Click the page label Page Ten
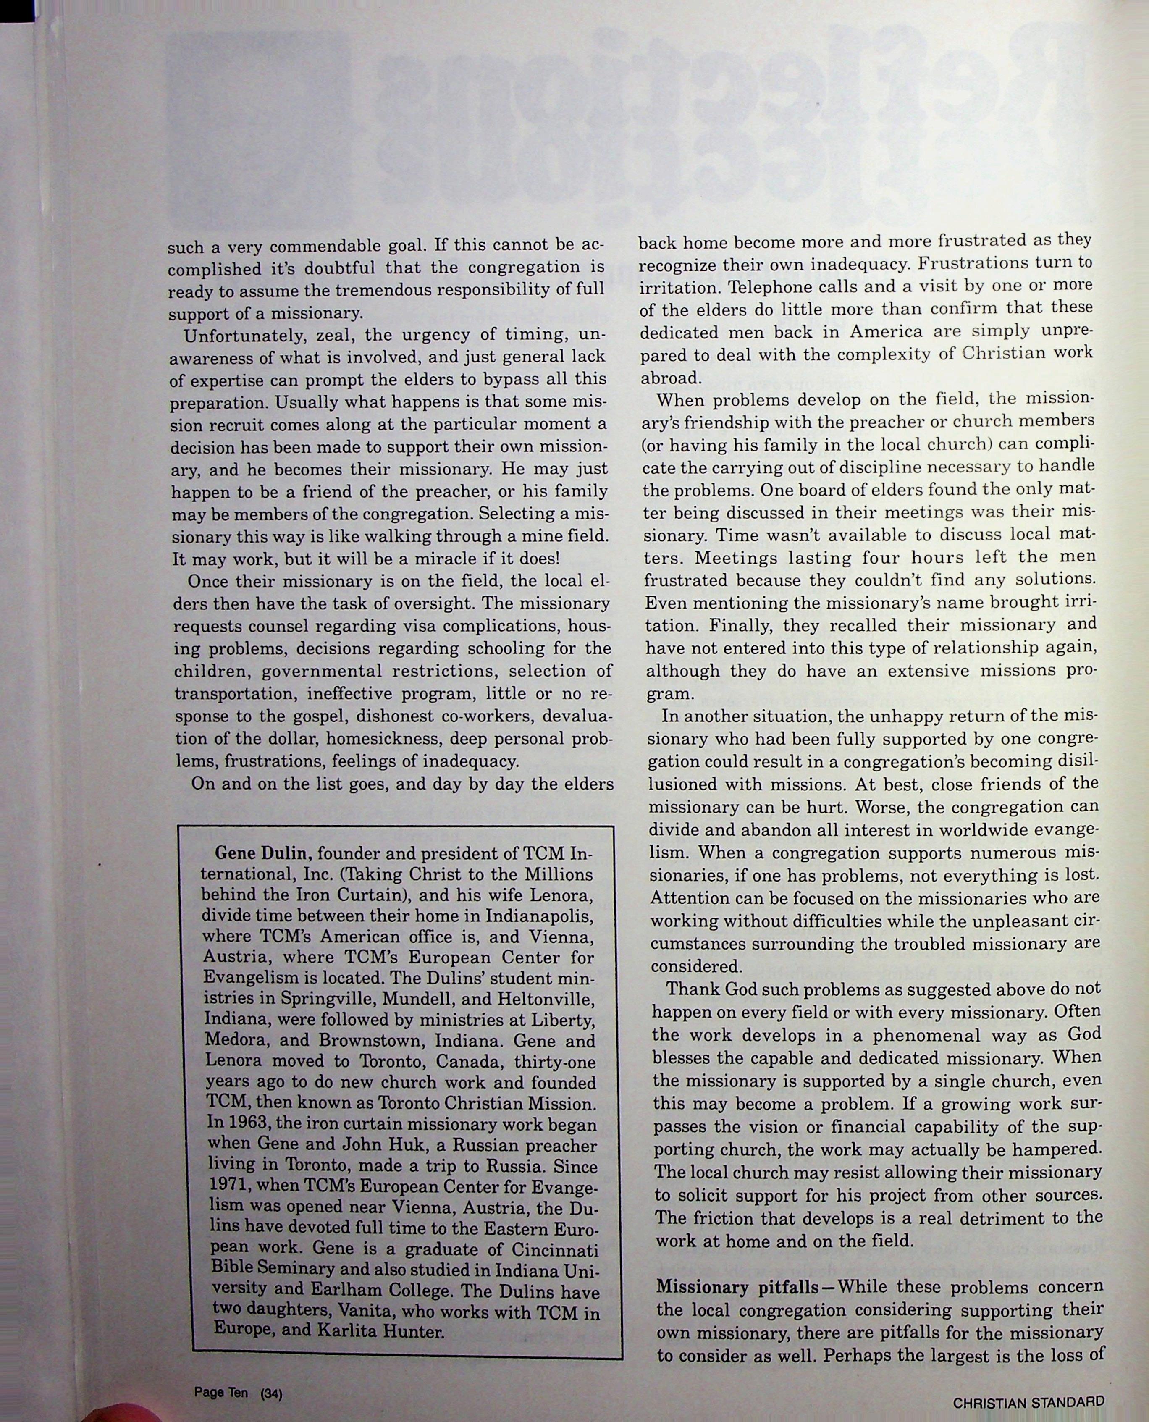point(221,1392)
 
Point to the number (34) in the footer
point(271,1393)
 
